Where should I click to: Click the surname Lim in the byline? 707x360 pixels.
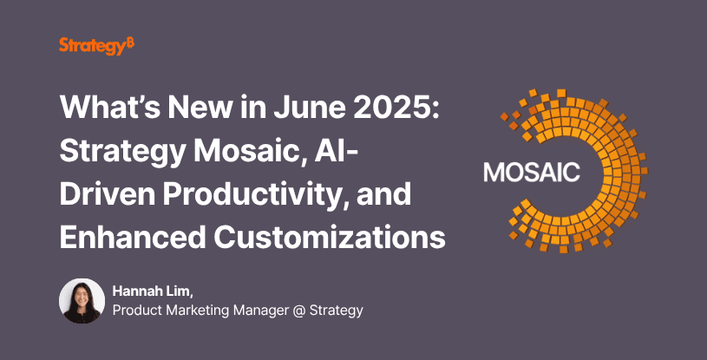coord(174,291)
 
